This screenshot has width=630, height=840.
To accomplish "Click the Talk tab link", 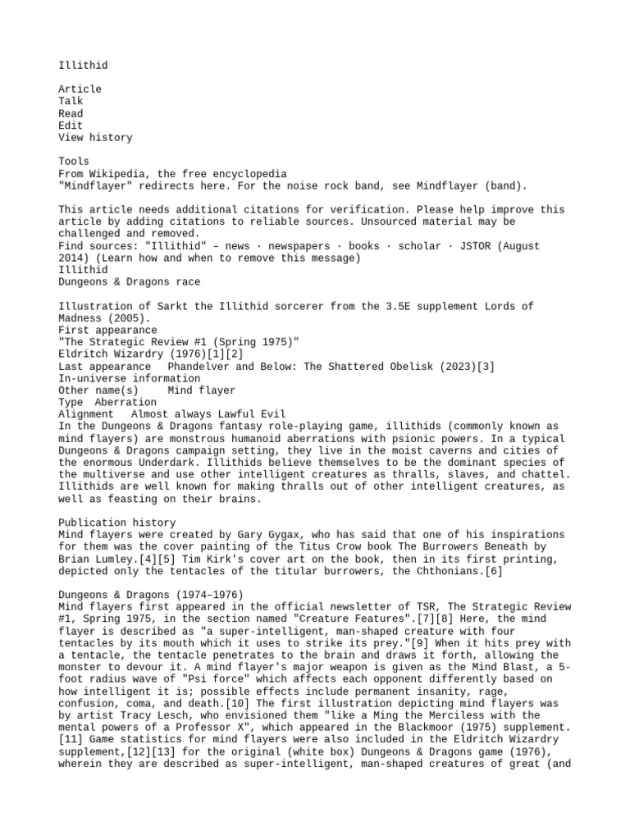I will [x=71, y=101].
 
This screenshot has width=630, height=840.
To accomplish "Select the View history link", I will [x=94, y=137].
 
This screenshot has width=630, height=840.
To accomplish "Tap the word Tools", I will [x=74, y=161].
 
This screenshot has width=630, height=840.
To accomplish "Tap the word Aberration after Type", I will [x=126, y=402].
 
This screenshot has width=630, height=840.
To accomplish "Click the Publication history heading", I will [x=116, y=523].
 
